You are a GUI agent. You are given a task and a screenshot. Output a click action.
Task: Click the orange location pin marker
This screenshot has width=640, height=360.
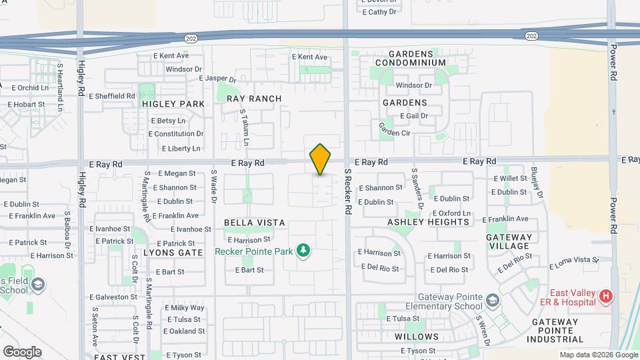tap(320, 159)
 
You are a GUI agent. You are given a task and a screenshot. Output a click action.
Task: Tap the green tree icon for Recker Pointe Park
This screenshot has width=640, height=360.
tap(304, 251)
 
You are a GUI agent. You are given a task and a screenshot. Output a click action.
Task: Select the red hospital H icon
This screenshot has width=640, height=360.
tap(605, 295)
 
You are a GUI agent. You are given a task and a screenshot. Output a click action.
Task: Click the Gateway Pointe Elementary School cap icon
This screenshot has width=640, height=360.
tap(492, 301)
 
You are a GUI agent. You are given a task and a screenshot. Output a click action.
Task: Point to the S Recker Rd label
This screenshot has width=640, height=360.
tap(348, 191)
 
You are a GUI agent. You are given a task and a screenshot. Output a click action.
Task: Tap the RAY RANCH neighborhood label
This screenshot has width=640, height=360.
tap(254, 99)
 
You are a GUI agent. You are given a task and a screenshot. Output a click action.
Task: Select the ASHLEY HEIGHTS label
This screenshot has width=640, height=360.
tap(429, 221)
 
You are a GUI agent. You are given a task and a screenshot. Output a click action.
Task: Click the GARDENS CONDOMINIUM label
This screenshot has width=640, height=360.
tap(410, 58)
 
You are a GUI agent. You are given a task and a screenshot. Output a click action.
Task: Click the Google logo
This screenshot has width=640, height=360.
tap(22, 351)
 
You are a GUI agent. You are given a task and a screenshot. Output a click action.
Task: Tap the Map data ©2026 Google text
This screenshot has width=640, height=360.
tap(598, 355)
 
